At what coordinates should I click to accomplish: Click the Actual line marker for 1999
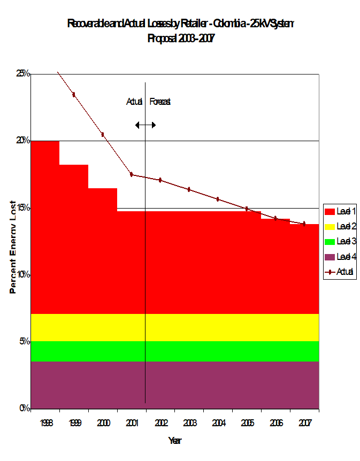pos(74,95)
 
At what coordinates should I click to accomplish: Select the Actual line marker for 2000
pos(103,134)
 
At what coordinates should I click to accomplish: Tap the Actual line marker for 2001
pos(131,174)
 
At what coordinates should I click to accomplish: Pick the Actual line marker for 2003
pos(189,189)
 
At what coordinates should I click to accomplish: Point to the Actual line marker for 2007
pos(304,224)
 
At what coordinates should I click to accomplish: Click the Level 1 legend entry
pos(341,211)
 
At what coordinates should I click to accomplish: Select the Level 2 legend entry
pos(341,226)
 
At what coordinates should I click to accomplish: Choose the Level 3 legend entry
pos(341,242)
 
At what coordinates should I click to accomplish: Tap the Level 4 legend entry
pos(341,257)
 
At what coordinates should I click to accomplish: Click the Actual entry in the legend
pos(341,272)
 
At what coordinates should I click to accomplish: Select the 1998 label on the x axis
pos(45,422)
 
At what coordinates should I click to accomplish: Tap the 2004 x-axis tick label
pos(218,422)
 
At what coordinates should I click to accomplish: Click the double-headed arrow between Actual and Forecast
pos(145,125)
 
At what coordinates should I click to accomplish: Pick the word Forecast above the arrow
pos(160,102)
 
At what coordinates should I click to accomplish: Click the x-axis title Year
pos(175,441)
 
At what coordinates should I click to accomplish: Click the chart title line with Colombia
pos(180,24)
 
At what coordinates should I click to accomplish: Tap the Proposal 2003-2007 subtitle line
pos(180,39)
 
